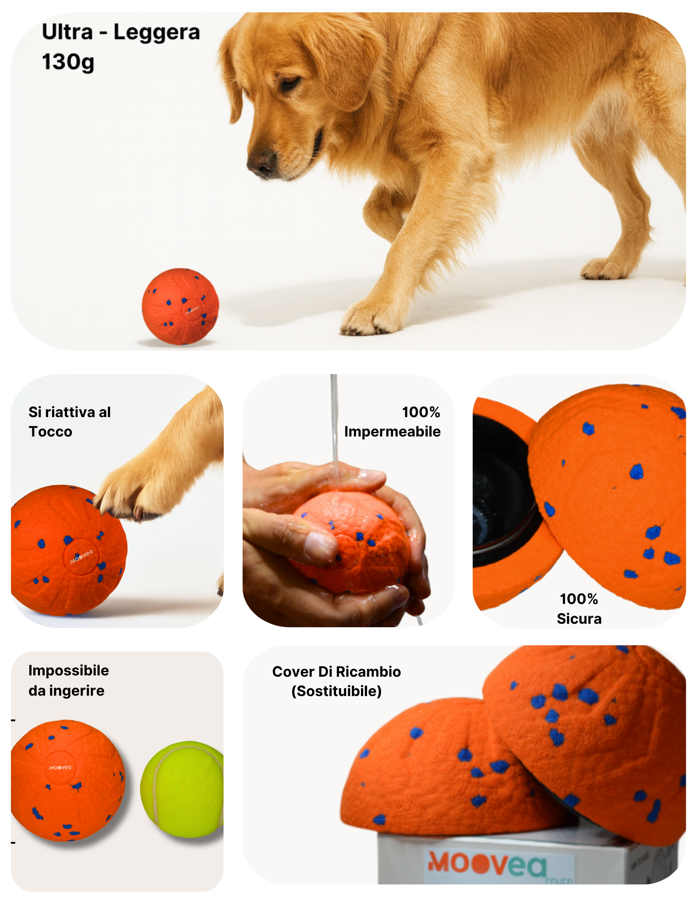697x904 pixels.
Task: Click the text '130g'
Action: coord(68,62)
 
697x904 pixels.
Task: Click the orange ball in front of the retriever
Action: coord(180,306)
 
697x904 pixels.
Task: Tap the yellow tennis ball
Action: coord(182,789)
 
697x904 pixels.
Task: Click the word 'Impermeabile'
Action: coord(392,431)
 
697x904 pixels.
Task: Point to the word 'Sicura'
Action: coord(579,619)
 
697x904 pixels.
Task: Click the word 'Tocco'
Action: coord(50,431)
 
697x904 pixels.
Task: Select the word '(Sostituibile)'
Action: coord(336,691)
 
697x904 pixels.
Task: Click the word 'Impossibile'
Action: coord(68,671)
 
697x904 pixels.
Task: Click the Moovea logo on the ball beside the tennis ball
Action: coord(60,767)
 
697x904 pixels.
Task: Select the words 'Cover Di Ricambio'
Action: coord(336,672)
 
